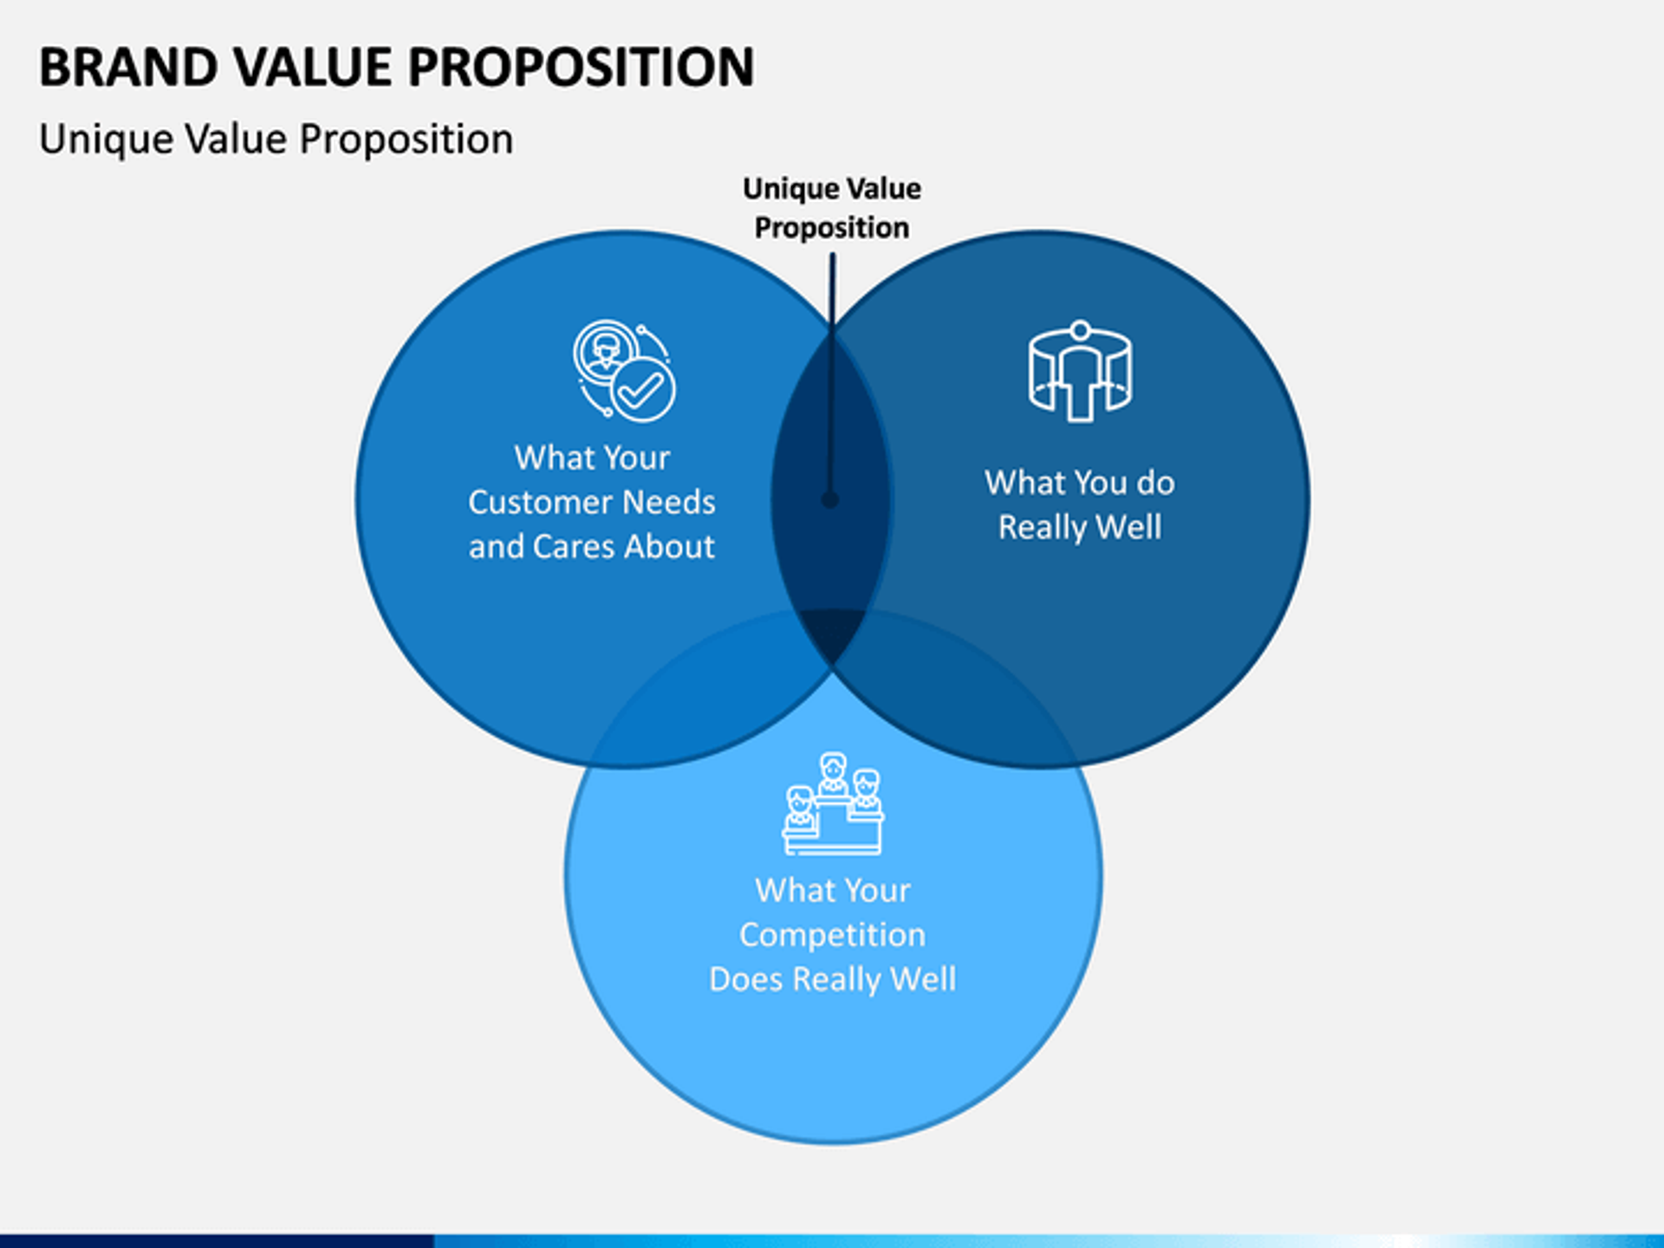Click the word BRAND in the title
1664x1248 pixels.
[127, 68]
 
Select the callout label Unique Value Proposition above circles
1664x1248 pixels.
[831, 208]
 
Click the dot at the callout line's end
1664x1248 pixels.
[829, 500]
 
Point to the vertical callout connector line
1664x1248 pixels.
[832, 373]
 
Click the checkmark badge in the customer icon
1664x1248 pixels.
[642, 392]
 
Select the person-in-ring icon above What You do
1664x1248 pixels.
[1080, 373]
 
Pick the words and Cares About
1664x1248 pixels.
[592, 547]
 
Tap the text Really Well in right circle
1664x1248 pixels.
[1080, 527]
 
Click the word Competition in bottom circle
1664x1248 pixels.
[832, 934]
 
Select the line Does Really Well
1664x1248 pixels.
[832, 979]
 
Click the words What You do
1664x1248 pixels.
[1080, 483]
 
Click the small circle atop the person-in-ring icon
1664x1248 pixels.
[1080, 330]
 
